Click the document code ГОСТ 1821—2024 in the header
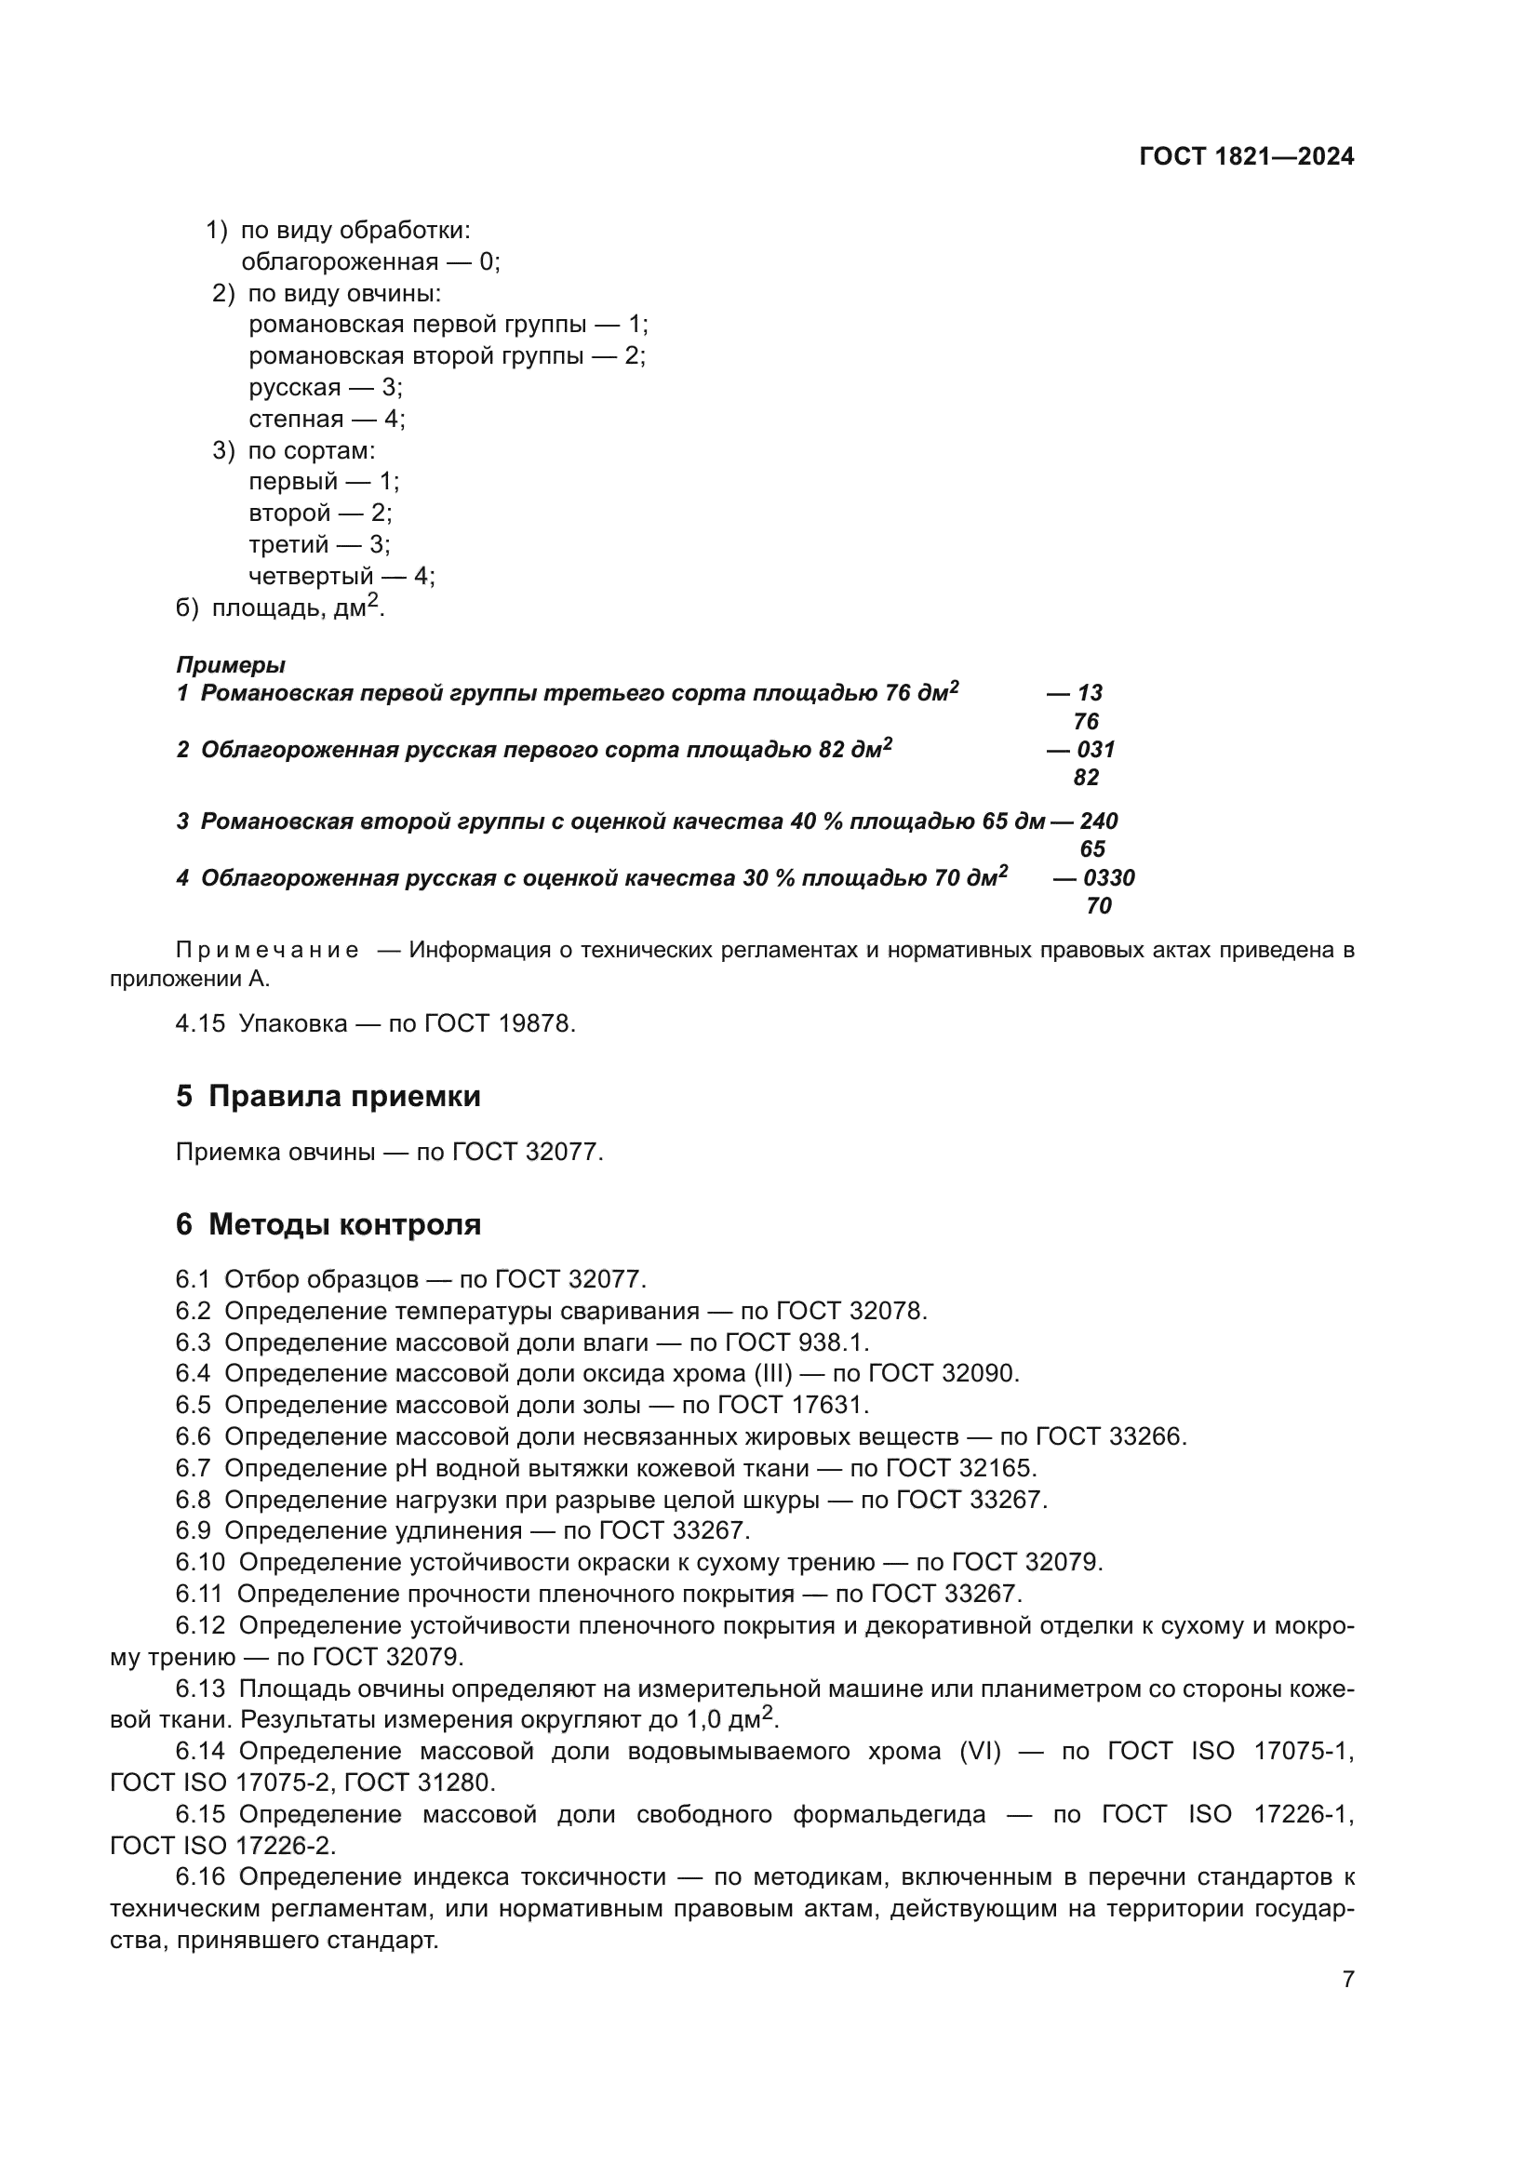tap(1246, 157)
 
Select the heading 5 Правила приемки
tap(328, 1097)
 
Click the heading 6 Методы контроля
tap(328, 1224)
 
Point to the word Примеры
tap(230, 665)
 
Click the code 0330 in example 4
tap(1109, 877)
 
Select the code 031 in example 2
tap(1096, 750)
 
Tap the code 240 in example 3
tap(1099, 821)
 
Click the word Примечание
tap(267, 951)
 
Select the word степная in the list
tap(296, 419)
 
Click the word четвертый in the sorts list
tap(311, 576)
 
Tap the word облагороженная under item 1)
tap(340, 262)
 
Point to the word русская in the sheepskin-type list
tap(295, 388)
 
